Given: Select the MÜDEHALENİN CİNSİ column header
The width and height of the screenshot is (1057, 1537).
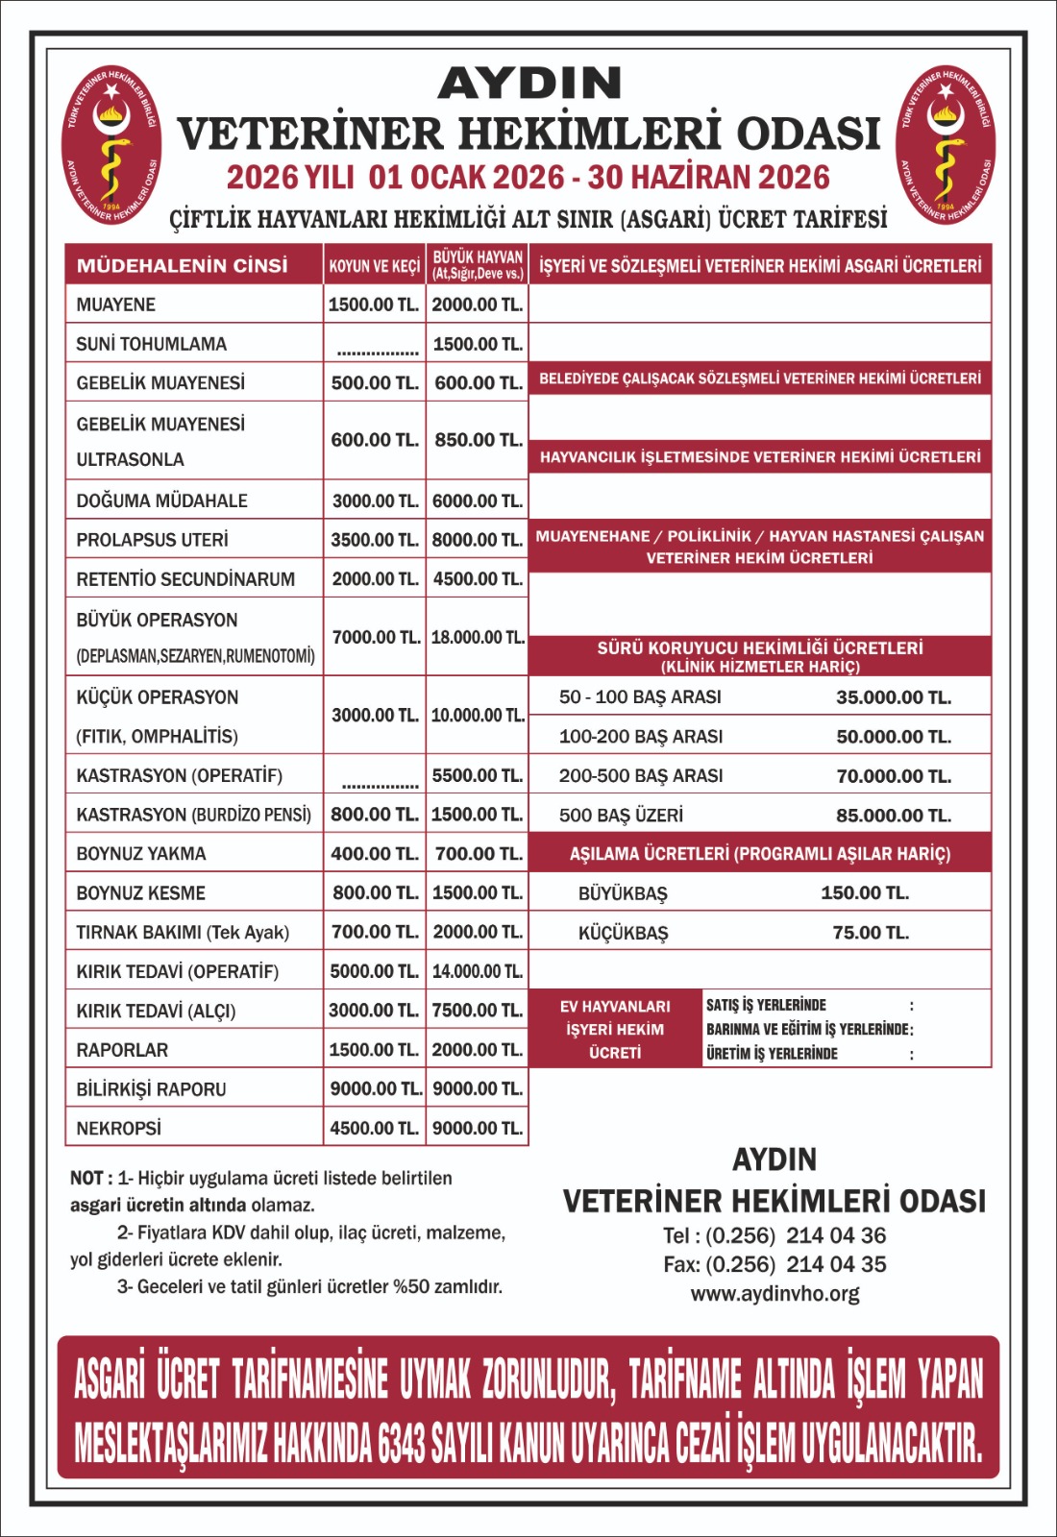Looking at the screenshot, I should point(183,265).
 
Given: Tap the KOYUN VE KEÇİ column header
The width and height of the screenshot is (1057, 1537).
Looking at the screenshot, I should point(375,266).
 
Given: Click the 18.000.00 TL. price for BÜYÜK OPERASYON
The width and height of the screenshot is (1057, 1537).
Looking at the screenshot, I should point(478,637).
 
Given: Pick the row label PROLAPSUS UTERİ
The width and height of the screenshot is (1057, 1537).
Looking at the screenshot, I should point(153,540).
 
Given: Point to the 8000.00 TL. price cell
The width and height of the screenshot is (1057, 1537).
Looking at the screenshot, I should point(478,540).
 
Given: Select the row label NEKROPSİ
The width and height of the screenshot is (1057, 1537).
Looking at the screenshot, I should point(119,1128).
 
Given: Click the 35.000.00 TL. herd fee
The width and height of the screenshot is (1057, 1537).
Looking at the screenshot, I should point(894,697).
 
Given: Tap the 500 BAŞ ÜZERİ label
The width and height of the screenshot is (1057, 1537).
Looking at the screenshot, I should point(622,816).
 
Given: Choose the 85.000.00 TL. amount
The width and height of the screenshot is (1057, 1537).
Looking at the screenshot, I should point(894,816).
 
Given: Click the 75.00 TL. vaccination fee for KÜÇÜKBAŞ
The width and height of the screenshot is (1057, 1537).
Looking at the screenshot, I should point(871,933).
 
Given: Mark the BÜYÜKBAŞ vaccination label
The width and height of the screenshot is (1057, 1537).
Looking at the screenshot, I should point(623,893).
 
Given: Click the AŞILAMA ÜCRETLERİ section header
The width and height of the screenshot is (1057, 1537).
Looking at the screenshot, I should point(760,853).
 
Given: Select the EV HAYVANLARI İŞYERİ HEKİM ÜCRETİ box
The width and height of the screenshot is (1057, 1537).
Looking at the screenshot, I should point(615,1029).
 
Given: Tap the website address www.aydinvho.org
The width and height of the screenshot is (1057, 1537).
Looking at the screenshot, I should point(774,1294).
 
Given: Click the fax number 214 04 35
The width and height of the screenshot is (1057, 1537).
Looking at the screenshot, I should point(836,1264).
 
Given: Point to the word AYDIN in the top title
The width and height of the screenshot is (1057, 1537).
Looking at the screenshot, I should point(529,84).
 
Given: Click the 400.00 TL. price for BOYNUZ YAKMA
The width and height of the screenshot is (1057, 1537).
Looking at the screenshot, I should point(375,853).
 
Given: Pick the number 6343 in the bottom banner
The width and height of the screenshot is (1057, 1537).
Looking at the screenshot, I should point(402,1443).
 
